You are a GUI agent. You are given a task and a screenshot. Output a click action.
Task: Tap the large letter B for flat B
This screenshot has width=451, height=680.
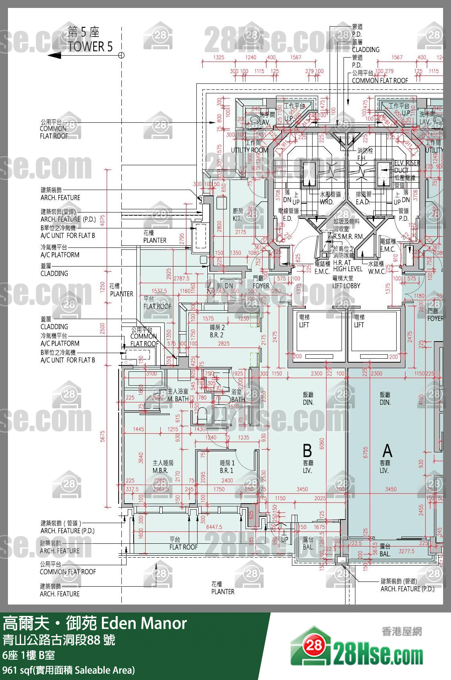307,451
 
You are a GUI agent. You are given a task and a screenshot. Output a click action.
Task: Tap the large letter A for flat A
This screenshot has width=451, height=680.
387,451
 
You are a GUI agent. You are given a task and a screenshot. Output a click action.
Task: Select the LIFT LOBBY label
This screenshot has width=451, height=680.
346,286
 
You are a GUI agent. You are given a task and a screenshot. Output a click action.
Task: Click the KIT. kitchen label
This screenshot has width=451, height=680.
237,218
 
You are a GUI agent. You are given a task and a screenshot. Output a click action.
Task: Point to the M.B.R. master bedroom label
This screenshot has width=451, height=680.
160,470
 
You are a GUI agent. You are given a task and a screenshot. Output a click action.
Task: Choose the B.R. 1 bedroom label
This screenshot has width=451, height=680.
226,470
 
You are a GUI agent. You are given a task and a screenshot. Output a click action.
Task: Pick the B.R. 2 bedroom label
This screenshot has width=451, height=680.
217,335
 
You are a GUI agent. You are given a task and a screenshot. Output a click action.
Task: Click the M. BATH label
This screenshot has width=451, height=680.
178,399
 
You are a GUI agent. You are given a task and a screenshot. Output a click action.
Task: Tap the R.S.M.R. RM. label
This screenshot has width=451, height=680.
348,236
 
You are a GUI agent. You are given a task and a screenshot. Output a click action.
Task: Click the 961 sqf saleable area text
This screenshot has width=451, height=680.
68,670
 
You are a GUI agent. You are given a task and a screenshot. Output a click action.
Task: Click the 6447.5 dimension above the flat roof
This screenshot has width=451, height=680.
214,527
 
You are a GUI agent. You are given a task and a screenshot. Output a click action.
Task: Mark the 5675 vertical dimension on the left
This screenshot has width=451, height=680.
102,436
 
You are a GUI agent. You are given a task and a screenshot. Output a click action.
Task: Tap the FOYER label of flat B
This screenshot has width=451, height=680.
261,286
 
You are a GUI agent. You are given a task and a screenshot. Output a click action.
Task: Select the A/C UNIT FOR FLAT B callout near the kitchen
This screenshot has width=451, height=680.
67,235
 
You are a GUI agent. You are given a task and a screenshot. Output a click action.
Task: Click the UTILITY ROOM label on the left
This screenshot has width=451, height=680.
249,150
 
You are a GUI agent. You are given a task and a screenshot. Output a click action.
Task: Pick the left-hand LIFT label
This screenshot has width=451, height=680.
304,325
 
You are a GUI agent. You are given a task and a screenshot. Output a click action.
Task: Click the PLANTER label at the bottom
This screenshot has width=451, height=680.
223,591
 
